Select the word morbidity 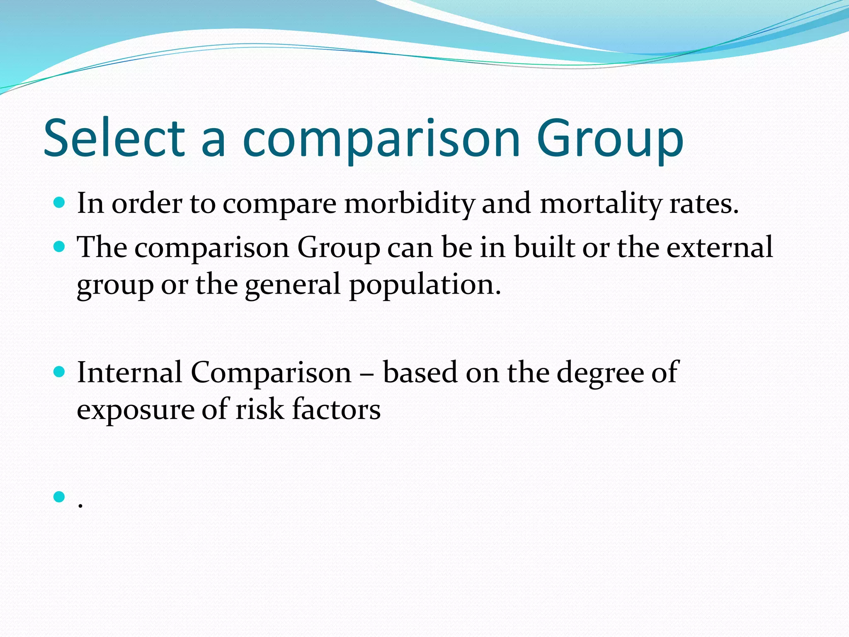point(410,204)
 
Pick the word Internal point(129,372)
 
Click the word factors point(336,409)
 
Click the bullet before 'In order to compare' point(60,203)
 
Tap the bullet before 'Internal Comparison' point(60,372)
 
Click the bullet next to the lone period point(60,496)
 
